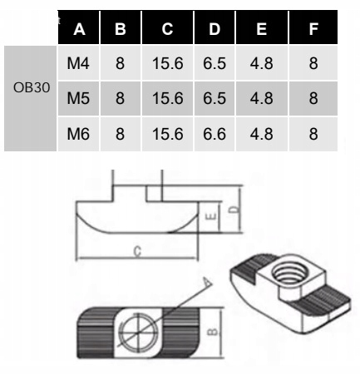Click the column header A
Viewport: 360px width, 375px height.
pos(79,29)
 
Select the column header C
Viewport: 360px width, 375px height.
pos(167,28)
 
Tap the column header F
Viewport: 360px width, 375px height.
pos(313,29)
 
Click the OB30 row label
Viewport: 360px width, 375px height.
pos(32,87)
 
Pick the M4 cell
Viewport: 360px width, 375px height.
pos(78,63)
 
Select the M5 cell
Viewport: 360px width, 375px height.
pos(78,98)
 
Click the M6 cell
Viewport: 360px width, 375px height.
pos(78,134)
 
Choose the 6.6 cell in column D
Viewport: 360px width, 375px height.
pos(215,134)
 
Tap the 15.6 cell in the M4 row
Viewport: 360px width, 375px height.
pos(168,63)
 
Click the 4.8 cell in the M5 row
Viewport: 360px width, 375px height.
pos(261,98)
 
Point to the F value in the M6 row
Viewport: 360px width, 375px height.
pos(313,134)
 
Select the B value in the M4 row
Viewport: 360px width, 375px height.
pos(120,63)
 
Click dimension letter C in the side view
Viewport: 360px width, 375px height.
pos(137,251)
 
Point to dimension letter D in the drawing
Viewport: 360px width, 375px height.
pos(235,210)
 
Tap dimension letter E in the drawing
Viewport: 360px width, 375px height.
pos(212,216)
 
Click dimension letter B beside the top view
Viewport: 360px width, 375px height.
pos(213,332)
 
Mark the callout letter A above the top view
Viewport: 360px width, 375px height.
pos(206,282)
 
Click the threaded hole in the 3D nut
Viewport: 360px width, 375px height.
pos(290,274)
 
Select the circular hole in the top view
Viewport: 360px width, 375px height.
pos(138,332)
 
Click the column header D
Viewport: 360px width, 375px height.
pos(215,29)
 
